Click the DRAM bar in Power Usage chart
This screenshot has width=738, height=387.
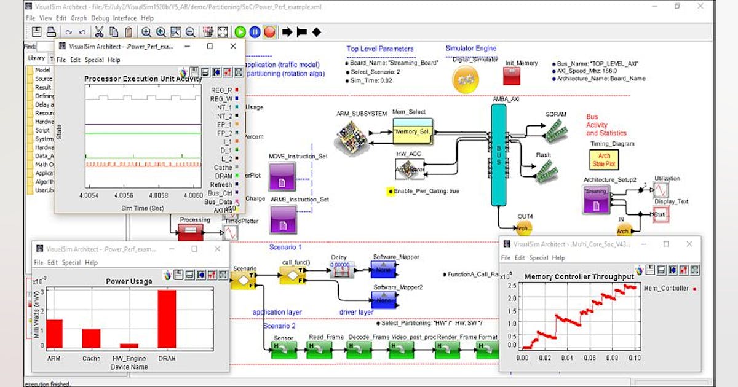click(167, 319)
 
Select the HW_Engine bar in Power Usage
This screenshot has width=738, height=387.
click(129, 346)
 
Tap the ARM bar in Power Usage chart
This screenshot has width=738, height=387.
click(55, 334)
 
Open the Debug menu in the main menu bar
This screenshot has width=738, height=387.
click(100, 18)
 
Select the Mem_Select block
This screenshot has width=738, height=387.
click(413, 132)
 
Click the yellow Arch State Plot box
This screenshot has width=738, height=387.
click(604, 160)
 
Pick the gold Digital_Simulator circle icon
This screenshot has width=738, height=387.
click(466, 79)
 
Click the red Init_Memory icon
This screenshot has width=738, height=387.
click(513, 76)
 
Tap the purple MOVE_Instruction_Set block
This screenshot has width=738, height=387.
click(283, 176)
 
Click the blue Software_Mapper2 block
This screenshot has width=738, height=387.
click(384, 300)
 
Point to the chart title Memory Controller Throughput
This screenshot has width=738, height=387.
click(579, 277)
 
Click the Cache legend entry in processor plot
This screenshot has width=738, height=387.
click(223, 167)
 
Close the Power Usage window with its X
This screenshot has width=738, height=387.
click(217, 249)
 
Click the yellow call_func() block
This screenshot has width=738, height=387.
click(292, 275)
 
